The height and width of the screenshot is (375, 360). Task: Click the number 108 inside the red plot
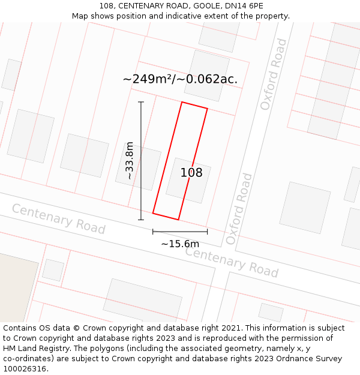coord(191,173)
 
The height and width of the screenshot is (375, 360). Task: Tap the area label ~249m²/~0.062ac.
coord(180,79)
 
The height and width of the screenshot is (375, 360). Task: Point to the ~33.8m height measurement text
coord(129,161)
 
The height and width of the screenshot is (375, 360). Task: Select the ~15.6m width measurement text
coord(180,244)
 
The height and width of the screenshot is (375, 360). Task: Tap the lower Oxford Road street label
coord(239,209)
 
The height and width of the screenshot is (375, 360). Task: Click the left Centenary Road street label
coord(58,219)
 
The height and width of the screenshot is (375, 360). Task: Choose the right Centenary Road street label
coord(232,262)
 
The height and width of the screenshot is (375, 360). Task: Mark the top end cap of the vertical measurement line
coord(141,102)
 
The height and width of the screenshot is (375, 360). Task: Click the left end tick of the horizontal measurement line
coord(153,231)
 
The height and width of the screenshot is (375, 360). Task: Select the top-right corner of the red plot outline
coord(207,109)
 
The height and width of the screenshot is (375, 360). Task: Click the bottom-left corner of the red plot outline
coord(153,213)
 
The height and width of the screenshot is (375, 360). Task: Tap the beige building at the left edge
coord(15,285)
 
